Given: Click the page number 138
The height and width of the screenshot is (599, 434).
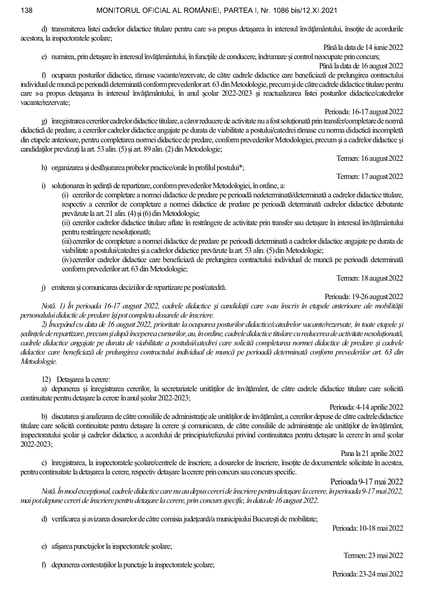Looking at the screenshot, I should [x=26, y=10].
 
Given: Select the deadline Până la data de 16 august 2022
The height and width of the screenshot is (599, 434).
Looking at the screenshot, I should [x=361, y=66].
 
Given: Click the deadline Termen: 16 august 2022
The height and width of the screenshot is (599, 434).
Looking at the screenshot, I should [x=370, y=158].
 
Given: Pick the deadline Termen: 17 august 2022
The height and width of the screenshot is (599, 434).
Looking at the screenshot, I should [x=370, y=176].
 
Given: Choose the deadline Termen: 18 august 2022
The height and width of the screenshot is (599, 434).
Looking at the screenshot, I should [x=370, y=278].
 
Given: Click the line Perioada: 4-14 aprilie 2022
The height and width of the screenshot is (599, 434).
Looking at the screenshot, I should [x=366, y=407].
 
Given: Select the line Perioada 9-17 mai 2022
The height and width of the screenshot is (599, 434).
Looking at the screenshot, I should [x=366, y=481].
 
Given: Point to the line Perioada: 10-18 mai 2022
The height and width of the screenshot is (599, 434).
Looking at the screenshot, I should [x=367, y=527].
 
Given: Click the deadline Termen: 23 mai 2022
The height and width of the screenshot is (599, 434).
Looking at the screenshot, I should [x=373, y=555].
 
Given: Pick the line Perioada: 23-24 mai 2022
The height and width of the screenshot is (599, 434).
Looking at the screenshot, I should [x=367, y=574].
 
